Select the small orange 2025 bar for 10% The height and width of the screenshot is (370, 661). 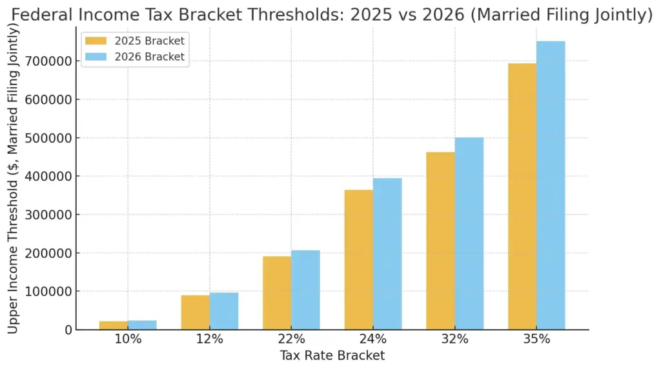coord(114,325)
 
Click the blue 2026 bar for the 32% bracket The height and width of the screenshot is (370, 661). coord(469,233)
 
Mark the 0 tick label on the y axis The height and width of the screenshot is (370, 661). coord(68,330)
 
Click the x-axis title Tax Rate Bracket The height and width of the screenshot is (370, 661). coord(332,356)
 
